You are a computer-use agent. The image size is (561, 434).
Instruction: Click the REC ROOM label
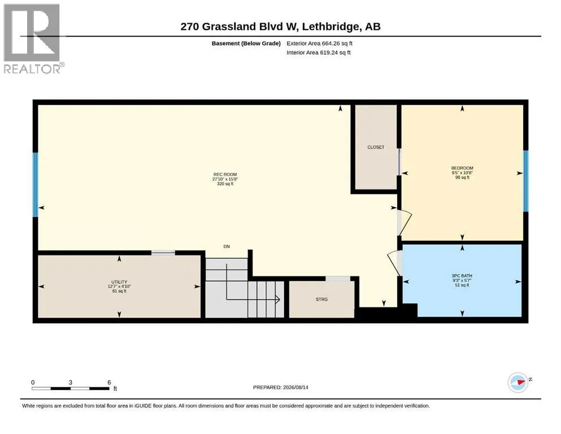coord(225,174)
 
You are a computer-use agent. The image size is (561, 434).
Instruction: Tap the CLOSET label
coord(376,147)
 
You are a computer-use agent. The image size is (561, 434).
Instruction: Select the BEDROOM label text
coord(462,168)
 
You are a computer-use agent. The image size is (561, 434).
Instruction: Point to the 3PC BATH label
coord(462,276)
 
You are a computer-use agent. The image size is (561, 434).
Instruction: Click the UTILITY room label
coord(119,282)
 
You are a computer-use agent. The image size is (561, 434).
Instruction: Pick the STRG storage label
coord(321,299)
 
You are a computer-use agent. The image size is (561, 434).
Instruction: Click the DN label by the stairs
coord(227,246)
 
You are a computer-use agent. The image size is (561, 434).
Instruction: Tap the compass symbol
coord(518,383)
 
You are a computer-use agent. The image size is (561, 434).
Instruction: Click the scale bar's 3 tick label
coord(71,383)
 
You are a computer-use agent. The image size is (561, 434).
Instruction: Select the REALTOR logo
coord(32,38)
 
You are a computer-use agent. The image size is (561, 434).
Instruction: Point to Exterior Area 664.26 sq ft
coord(320,44)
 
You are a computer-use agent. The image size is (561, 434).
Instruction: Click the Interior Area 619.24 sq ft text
coord(319,53)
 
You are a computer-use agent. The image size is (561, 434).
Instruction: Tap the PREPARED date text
coord(280,387)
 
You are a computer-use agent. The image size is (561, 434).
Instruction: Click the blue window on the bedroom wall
coord(525,181)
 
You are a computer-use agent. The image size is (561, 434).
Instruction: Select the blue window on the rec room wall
coord(36,185)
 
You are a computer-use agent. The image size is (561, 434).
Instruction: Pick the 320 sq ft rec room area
coord(225,184)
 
